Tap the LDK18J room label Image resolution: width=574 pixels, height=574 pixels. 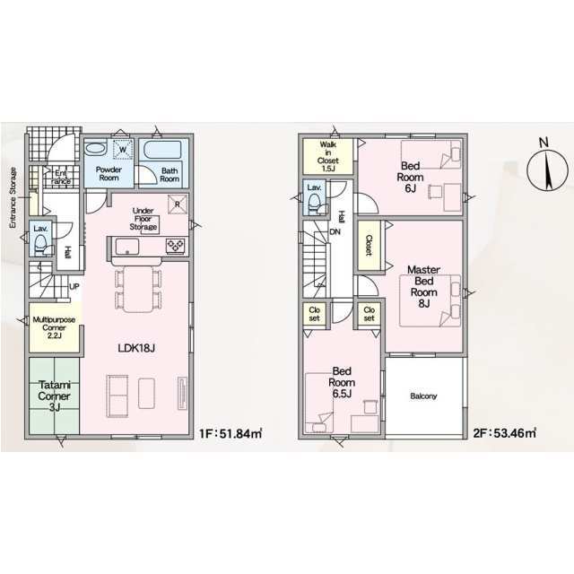[x=136, y=348]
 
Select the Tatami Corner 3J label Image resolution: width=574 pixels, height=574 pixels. [x=54, y=396]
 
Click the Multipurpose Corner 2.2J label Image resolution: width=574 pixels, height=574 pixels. [x=54, y=327]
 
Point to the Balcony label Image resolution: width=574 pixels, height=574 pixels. [x=423, y=396]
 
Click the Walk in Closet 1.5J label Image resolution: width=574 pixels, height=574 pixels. [x=328, y=156]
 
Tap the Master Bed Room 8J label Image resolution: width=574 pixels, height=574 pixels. [x=423, y=286]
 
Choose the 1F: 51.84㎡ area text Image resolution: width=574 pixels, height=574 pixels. [x=230, y=433]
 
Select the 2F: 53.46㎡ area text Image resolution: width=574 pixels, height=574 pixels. [x=504, y=433]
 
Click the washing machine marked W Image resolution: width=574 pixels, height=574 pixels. [x=123, y=150]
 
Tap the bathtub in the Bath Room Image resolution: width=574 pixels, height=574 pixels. [x=163, y=150]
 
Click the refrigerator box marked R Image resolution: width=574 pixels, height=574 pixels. [x=178, y=204]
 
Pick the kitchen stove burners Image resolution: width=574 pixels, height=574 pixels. [x=175, y=246]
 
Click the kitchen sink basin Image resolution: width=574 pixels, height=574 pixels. [x=127, y=247]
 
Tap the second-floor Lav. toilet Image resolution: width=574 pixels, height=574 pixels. [x=315, y=204]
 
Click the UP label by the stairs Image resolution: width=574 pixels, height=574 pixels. [x=74, y=287]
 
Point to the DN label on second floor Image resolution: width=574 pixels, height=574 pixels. [x=335, y=231]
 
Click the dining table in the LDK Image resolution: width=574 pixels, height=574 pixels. [x=138, y=289]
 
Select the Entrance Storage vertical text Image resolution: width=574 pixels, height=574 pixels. [x=13, y=198]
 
